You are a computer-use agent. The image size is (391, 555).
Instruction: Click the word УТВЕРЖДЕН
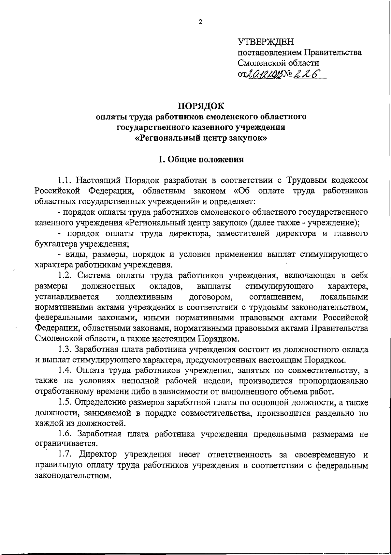(x=266, y=41)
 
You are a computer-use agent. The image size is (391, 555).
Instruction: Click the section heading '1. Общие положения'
(x=201, y=160)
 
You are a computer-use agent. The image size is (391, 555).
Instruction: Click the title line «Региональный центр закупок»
(x=201, y=138)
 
